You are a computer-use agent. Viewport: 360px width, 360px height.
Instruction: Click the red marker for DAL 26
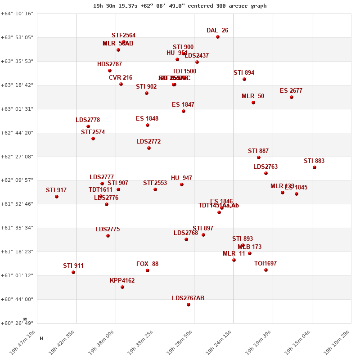218,37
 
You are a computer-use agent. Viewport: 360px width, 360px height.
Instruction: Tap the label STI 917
56,190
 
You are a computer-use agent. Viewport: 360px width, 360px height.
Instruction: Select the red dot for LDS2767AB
189,305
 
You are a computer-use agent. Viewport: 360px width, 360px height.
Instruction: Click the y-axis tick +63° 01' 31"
17,109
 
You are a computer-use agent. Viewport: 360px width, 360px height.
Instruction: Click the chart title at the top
180,6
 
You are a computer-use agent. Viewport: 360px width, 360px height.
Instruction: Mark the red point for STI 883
315,167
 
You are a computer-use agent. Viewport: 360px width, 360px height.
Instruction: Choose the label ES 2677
291,91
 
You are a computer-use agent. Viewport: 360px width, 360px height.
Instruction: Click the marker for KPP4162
122,287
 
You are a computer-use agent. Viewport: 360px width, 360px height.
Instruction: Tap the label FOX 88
148,264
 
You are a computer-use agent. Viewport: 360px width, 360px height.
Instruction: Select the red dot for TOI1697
266,270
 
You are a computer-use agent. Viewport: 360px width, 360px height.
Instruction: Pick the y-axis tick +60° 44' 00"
17,299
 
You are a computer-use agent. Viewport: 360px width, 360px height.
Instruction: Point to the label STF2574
93,132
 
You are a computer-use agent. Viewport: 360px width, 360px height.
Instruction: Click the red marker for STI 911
73,272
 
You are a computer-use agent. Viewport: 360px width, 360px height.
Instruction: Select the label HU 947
182,178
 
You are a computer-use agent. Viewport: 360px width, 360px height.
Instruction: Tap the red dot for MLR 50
253,103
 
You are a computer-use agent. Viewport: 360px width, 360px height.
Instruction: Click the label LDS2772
148,142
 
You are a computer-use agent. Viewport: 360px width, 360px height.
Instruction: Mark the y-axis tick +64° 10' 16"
17,13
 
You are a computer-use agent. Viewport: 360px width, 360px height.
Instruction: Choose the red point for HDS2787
110,71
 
